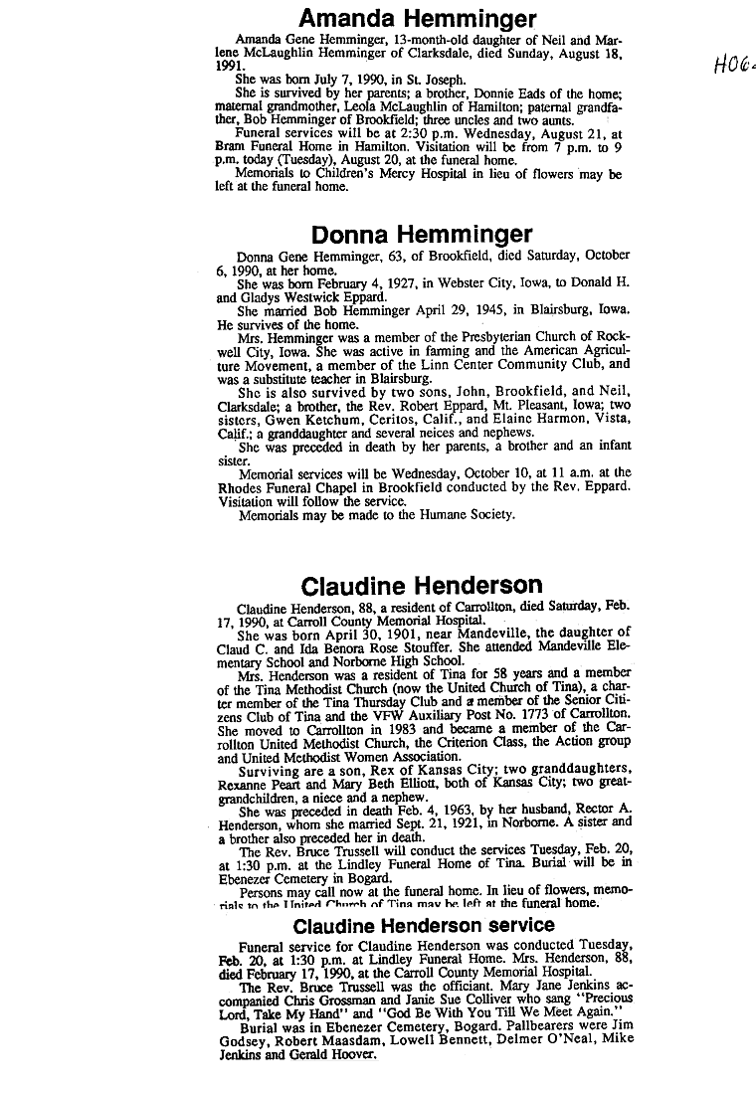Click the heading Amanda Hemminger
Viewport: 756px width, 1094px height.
pyautogui.click(x=418, y=19)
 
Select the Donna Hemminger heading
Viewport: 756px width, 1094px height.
pyautogui.click(x=421, y=234)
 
